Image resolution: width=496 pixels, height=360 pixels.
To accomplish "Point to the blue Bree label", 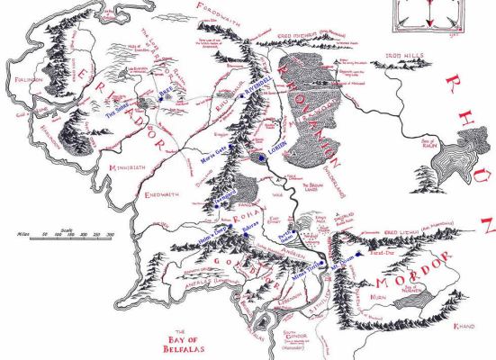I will tap(190, 91).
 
